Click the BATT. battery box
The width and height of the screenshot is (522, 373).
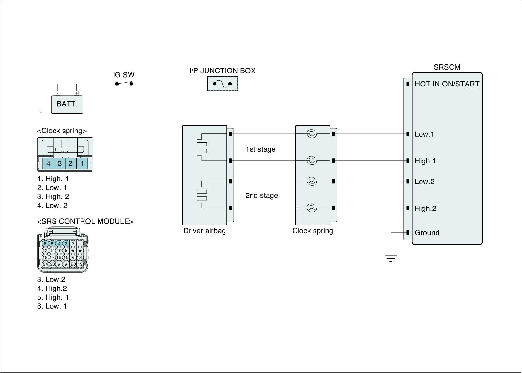click(67, 104)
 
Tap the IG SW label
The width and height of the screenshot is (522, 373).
click(124, 75)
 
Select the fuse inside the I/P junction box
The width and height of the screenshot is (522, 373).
click(223, 84)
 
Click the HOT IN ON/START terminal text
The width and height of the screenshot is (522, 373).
click(447, 84)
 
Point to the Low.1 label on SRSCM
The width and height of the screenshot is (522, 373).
click(424, 134)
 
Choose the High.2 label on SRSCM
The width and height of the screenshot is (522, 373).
click(425, 208)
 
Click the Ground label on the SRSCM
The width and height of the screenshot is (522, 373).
click(427, 233)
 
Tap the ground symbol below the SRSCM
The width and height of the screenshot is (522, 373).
click(391, 258)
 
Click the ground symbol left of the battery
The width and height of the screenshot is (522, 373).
click(41, 111)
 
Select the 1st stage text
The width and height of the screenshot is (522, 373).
click(260, 149)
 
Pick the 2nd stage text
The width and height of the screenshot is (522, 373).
click(262, 195)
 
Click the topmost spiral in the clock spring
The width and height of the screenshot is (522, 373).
click(312, 133)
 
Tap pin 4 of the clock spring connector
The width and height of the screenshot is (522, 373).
click(48, 163)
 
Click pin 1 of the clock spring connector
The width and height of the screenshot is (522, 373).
click(82, 163)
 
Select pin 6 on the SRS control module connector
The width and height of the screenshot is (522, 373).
click(45, 244)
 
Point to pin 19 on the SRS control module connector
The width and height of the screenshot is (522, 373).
click(80, 264)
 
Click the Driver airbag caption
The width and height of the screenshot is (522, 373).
click(205, 231)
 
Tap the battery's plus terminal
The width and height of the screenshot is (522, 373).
click(76, 93)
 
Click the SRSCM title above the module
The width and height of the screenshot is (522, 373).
click(447, 67)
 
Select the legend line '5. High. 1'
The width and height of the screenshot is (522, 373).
click(53, 297)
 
